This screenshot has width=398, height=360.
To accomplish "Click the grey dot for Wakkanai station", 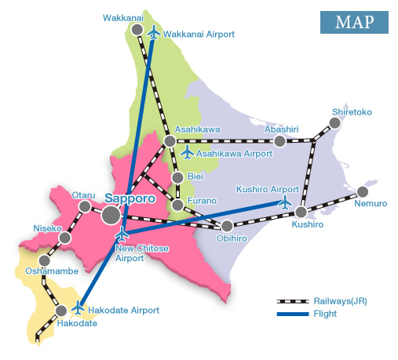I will (137, 29).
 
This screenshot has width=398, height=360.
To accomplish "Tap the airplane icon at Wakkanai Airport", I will (154, 33).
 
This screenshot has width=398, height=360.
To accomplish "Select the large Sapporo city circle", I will (111, 214).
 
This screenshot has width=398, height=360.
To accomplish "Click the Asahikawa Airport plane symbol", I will (187, 152).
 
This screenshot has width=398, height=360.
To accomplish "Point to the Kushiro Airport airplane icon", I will (285, 202).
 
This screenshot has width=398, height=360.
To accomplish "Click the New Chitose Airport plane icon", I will (122, 234).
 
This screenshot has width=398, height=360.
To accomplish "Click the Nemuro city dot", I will (362, 191).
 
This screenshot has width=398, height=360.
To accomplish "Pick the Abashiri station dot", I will (279, 141).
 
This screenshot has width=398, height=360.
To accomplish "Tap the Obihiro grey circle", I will (227, 227).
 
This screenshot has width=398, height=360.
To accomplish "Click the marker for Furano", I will (177, 205).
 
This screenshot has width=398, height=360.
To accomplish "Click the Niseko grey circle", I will (65, 237).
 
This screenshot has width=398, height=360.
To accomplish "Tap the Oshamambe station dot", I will (45, 260).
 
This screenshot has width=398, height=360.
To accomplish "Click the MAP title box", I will (354, 22).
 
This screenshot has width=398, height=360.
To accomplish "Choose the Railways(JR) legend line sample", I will (294, 301).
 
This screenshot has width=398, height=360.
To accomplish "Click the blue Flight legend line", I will (294, 314).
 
